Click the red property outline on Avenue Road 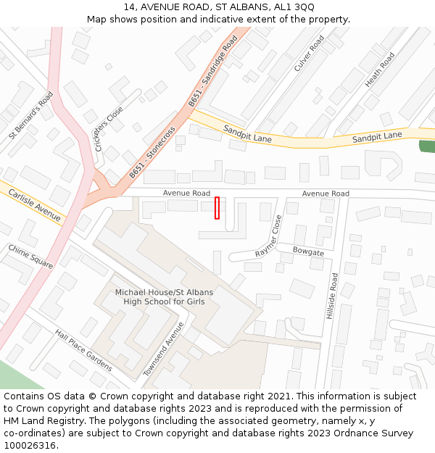coord(217,207)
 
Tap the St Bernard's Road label coord(31,115)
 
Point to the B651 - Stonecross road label coord(152,153)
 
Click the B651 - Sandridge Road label coord(212,72)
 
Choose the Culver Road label coord(309,54)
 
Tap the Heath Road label coord(379,70)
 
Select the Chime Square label coord(30,257)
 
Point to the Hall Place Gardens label coord(83,350)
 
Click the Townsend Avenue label coord(164,348)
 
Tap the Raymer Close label coord(268,236)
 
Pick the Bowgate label coord(308,252)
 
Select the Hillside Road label coord(332,296)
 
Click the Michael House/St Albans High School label coord(164,296)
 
